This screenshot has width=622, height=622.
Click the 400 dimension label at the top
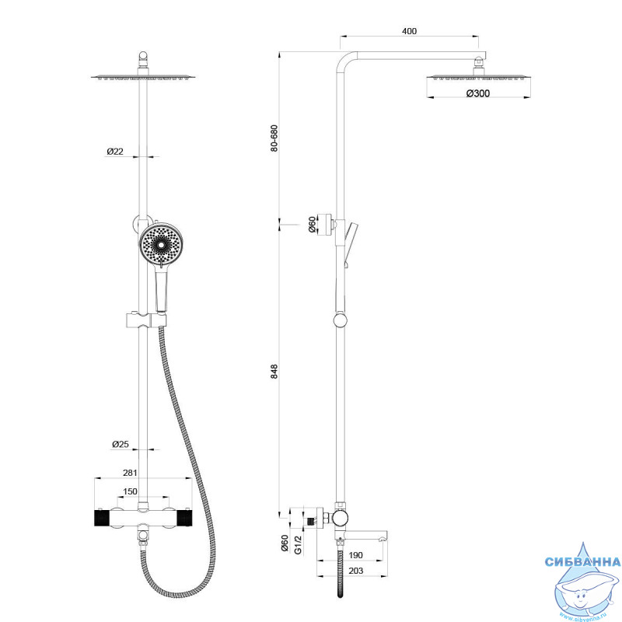point(410,31)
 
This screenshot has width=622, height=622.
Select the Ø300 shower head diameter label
point(477,93)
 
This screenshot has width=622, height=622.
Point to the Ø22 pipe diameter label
point(115,152)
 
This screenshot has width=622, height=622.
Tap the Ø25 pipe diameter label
point(120,444)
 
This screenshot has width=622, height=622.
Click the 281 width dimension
point(131,472)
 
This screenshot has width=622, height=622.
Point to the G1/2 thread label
point(297,543)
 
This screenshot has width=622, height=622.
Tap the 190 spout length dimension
point(355,555)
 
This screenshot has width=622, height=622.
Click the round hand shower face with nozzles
point(161,244)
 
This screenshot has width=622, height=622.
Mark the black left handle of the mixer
point(100,518)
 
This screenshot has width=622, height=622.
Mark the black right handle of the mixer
point(185,518)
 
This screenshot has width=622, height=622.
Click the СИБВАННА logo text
point(582,562)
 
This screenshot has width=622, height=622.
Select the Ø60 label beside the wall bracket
point(312,225)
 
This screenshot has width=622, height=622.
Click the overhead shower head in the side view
point(477,76)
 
